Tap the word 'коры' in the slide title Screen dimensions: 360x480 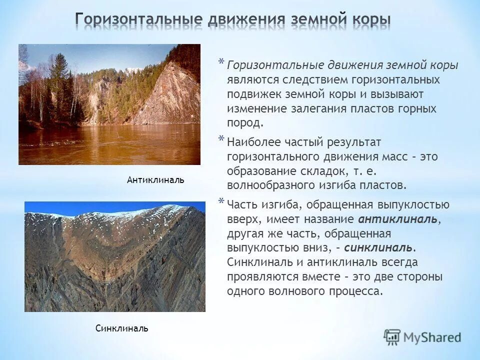[x=367, y=20]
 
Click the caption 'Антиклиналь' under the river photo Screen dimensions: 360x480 [x=155, y=180]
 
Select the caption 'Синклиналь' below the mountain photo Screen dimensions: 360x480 [x=121, y=328]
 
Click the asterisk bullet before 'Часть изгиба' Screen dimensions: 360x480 [x=221, y=201]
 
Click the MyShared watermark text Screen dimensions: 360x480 [x=433, y=337]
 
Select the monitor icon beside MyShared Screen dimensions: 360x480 [x=392, y=337]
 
